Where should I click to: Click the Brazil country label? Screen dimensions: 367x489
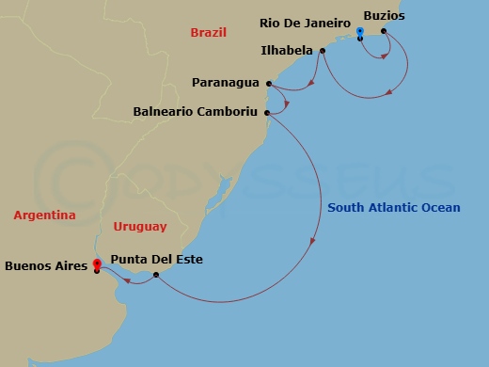tap(209, 32)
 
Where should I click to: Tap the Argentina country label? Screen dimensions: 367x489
tap(44, 215)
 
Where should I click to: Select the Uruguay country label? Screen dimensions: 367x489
tap(139, 227)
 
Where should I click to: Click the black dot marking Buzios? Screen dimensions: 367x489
tap(383, 31)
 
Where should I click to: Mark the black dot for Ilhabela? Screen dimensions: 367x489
tap(322, 51)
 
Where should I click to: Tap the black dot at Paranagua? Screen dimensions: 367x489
tap(268, 83)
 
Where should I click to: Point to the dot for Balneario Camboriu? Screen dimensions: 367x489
tap(268, 113)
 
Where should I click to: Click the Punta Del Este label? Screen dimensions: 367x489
tap(156, 259)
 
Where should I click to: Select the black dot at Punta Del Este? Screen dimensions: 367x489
tap(156, 275)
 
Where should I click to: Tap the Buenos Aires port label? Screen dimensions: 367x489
tap(46, 266)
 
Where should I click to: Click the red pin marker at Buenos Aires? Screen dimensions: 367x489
tap(97, 265)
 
